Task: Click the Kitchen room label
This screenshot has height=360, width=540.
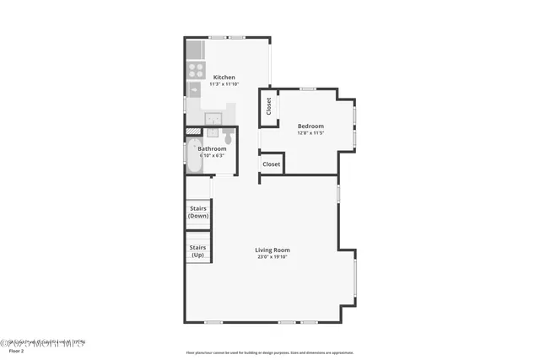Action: [x=224, y=77]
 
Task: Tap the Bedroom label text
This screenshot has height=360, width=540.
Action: [x=310, y=126]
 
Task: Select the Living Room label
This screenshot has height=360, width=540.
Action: [x=273, y=250]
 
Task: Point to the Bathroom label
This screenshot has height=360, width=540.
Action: [x=212, y=149]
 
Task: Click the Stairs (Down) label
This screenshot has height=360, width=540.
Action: [x=198, y=212]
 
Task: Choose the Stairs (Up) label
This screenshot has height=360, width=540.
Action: [x=198, y=251]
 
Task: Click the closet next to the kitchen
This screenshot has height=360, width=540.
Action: [x=268, y=106]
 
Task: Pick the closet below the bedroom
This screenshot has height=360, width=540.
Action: [x=271, y=164]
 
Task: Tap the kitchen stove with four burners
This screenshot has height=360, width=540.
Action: [x=195, y=69]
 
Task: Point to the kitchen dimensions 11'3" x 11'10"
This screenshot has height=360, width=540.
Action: [x=224, y=84]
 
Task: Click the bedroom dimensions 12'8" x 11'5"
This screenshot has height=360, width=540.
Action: [x=310, y=133]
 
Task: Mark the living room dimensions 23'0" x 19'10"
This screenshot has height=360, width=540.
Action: [x=273, y=257]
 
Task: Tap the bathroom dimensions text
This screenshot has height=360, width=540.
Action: [x=211, y=156]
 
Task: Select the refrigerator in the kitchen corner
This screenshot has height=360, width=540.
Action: [x=195, y=50]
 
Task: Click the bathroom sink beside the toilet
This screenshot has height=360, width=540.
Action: [x=212, y=133]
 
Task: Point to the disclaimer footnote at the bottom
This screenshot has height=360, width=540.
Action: [x=270, y=353]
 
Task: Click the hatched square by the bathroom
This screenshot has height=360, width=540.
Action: [x=193, y=132]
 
